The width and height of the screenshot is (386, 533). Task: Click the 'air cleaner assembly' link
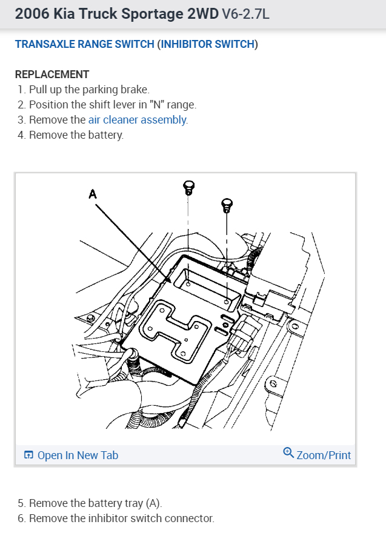[138, 120]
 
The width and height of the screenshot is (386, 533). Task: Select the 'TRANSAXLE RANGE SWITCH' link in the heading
[84, 44]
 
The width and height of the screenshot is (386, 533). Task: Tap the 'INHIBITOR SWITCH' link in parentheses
[207, 44]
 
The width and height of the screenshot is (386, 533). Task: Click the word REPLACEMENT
[52, 74]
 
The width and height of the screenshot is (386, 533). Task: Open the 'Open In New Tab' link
[78, 455]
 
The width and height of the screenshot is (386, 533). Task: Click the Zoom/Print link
[324, 455]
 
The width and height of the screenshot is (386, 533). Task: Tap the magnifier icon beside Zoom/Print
[288, 453]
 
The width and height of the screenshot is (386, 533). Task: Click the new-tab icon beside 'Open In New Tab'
[28, 455]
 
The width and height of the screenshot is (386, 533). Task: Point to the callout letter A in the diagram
[93, 194]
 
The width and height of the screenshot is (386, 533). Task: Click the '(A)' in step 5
[154, 503]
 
